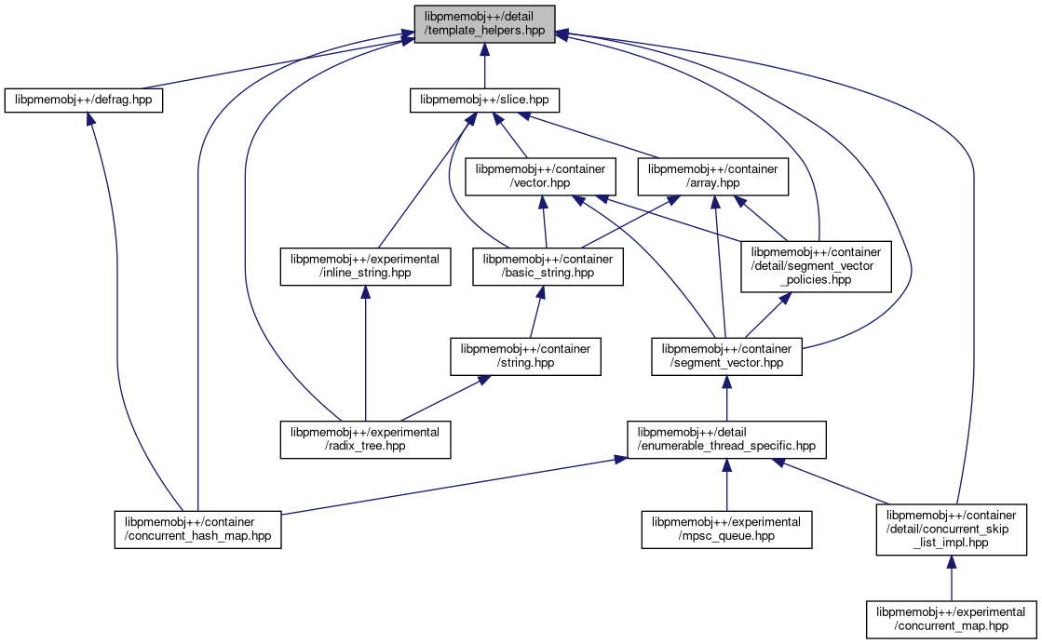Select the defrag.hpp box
[84, 100]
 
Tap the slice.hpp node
[484, 100]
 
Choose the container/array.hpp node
[713, 177]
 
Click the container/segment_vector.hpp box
[726, 356]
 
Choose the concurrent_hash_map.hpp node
[197, 529]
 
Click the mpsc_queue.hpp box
[726, 529]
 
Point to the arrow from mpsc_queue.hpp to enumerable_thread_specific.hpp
[726, 484]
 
